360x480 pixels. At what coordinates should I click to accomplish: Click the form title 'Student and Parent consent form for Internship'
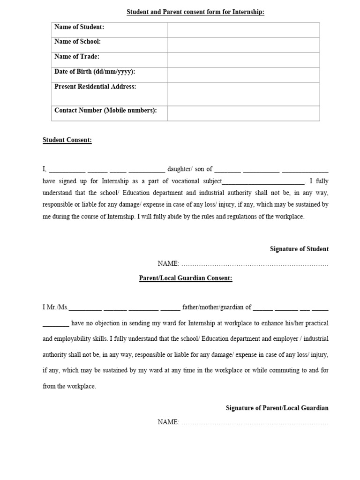click(x=195, y=12)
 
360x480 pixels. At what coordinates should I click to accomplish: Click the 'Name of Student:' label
click(x=79, y=27)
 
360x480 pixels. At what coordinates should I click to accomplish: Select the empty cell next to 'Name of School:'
click(x=244, y=45)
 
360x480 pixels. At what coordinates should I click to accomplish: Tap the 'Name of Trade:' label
click(x=77, y=57)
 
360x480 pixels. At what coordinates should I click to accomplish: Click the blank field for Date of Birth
click(x=244, y=75)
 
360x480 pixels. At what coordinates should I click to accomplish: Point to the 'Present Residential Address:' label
click(x=95, y=87)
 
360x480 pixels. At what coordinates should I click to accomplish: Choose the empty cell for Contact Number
click(x=244, y=113)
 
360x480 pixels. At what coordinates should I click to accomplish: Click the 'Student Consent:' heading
click(x=67, y=140)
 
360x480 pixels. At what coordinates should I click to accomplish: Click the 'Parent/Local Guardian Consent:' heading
click(x=186, y=278)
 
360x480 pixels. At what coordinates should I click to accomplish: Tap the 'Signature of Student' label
click(x=299, y=249)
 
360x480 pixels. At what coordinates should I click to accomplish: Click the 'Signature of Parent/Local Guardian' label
click(x=277, y=408)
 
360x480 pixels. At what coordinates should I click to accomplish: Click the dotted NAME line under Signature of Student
click(x=255, y=265)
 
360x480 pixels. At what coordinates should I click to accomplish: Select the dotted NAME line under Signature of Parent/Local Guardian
click(x=255, y=423)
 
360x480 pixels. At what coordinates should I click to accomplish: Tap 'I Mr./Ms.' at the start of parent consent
click(x=55, y=307)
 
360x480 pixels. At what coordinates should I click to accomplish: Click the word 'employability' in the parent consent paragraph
click(x=76, y=338)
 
